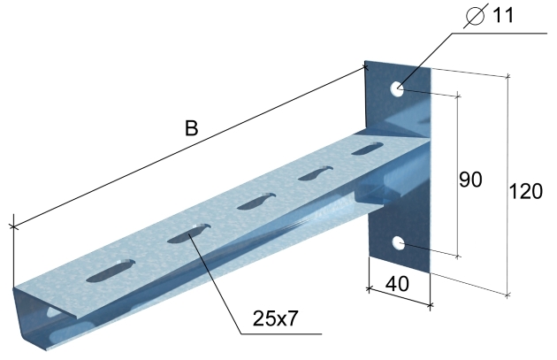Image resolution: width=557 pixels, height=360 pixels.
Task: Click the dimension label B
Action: (191, 128)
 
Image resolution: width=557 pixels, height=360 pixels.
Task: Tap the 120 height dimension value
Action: (526, 191)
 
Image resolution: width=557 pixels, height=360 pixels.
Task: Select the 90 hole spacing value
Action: (470, 179)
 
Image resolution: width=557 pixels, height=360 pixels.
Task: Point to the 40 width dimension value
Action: (397, 284)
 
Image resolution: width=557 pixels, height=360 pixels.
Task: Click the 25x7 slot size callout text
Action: (275, 318)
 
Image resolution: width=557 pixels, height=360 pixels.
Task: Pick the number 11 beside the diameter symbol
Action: (503, 15)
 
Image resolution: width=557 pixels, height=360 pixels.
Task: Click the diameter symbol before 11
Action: (476, 17)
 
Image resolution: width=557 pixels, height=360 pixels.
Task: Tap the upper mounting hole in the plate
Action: (397, 88)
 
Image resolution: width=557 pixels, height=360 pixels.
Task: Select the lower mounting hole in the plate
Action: (399, 243)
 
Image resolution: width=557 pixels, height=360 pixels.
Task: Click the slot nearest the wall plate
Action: (368, 149)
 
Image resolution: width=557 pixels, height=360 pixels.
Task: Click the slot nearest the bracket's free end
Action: (111, 271)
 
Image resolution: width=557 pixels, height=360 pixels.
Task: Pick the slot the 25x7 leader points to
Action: (189, 234)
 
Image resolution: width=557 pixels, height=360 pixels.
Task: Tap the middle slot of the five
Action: (256, 201)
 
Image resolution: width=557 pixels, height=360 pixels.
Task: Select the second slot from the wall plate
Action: (315, 173)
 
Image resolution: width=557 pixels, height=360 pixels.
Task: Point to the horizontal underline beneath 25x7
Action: (281, 333)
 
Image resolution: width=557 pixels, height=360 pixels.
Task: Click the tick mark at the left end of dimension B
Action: (13, 226)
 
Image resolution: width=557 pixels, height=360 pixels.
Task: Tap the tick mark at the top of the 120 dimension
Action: (508, 76)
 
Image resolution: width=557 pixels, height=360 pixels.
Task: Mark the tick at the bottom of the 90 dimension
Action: (458, 256)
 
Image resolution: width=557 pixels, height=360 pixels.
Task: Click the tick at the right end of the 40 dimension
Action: (431, 305)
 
